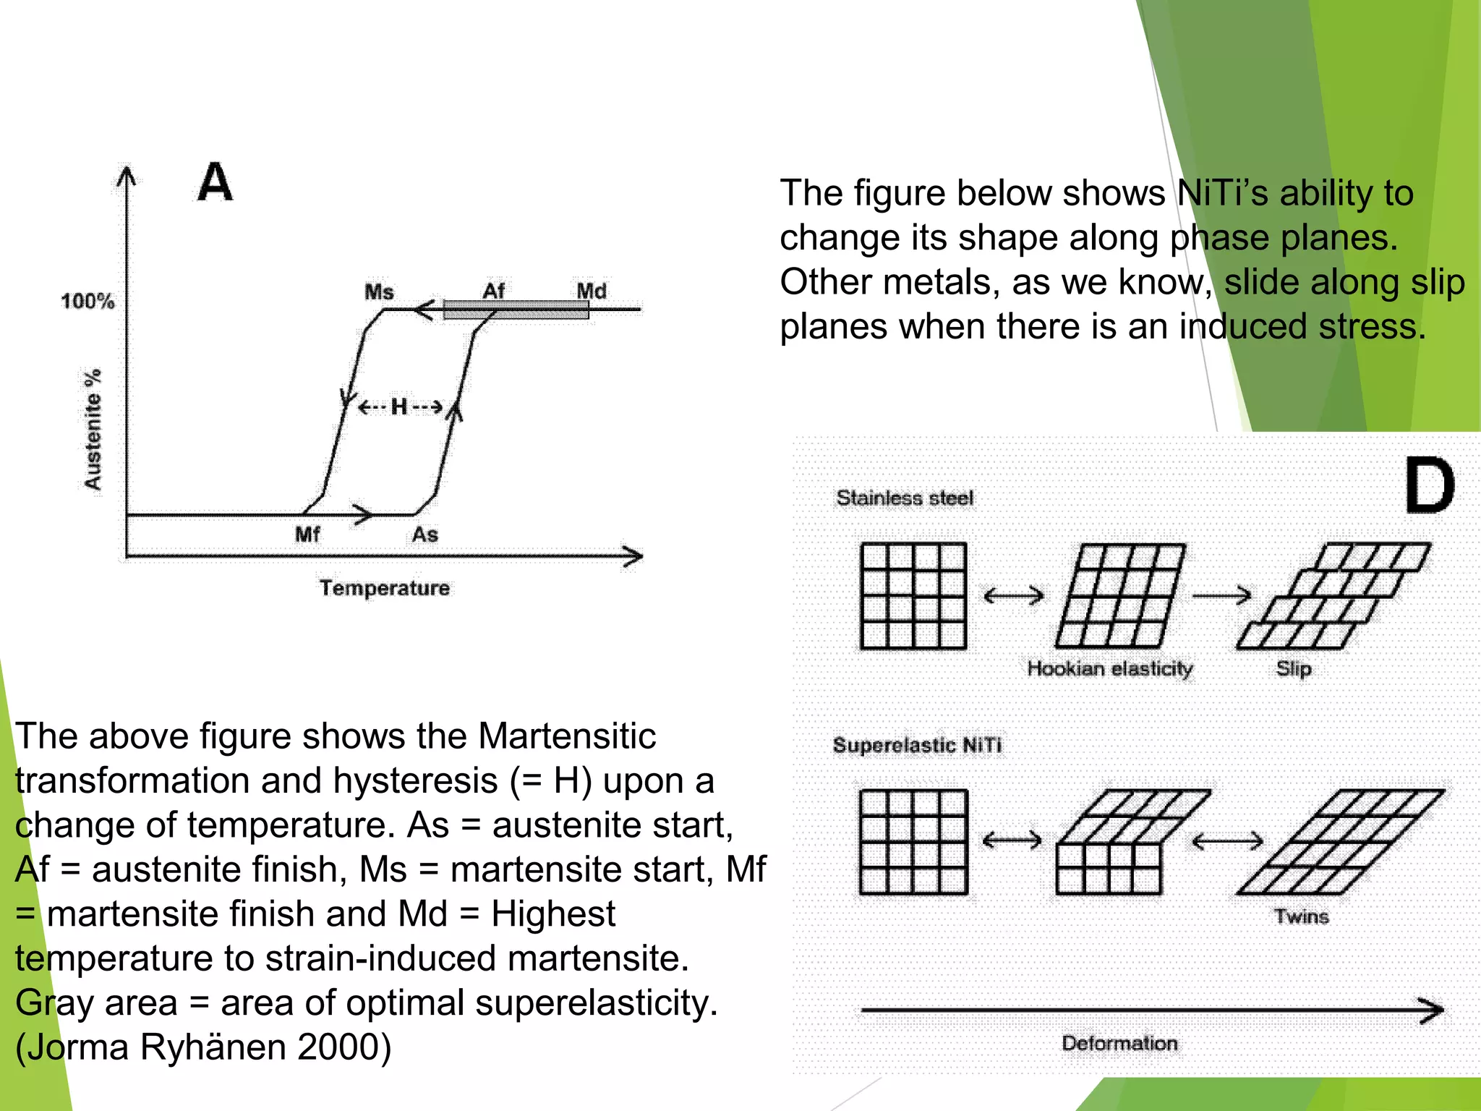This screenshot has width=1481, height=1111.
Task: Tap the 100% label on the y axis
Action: [88, 301]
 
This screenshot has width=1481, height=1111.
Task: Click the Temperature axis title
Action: [385, 587]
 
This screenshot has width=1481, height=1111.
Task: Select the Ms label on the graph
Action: [379, 291]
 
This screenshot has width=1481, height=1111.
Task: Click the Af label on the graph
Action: [493, 291]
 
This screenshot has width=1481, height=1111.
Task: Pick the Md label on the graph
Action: [591, 291]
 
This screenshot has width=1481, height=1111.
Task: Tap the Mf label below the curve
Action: [307, 535]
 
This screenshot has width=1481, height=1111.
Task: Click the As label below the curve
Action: [425, 535]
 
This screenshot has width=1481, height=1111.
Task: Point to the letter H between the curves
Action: [399, 406]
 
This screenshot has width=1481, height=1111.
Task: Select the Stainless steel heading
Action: [905, 498]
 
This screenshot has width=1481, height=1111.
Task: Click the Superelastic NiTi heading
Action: [917, 745]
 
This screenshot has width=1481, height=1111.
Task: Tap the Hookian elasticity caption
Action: [1109, 668]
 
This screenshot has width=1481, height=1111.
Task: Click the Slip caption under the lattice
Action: [1293, 668]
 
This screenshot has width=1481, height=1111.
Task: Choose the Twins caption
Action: [1301, 916]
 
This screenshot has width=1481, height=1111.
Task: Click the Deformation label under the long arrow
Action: [1119, 1043]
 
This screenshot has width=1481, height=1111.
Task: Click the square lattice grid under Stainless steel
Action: [913, 595]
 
